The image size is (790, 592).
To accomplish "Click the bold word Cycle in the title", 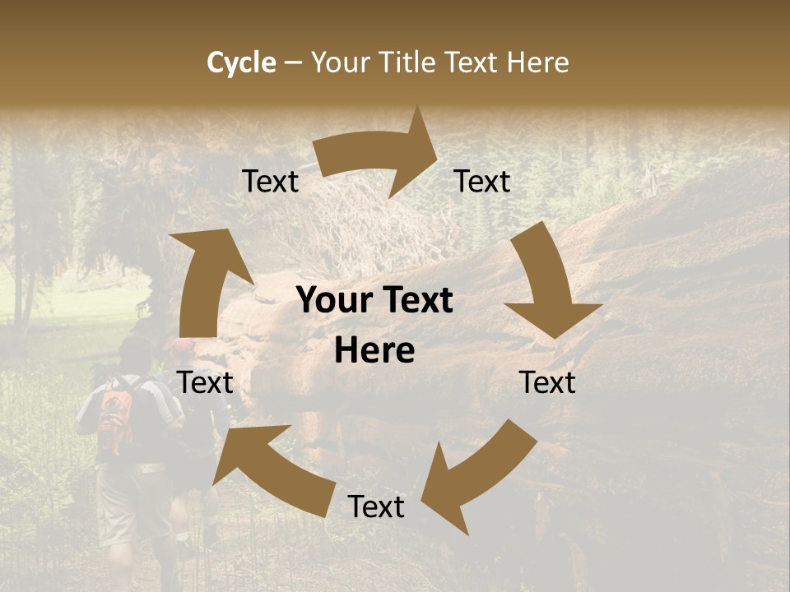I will pos(241,62).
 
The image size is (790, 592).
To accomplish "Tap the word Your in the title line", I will pos(342,62).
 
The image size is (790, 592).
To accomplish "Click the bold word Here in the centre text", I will pos(374,351).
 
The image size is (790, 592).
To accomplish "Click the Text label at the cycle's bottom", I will pos(376,506).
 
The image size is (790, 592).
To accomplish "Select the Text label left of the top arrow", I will pos(270,181).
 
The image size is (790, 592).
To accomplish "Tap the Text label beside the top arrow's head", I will pos(482,181).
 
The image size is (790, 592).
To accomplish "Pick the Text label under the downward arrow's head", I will pos(547,382).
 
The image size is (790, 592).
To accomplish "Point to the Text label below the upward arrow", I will pos(205,382).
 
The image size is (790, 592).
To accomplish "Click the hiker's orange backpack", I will pos(114,415).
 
